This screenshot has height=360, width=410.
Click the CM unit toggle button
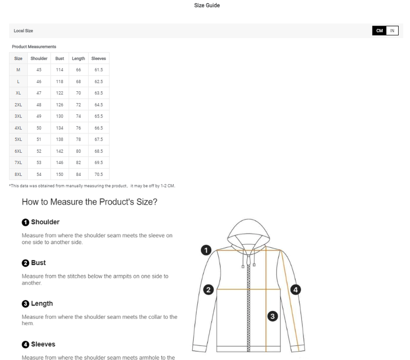tap(379, 31)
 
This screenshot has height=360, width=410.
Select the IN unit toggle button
tap(392, 31)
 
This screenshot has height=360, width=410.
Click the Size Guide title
tap(207, 5)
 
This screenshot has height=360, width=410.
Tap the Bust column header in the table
tap(59, 58)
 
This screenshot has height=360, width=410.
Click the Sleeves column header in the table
tap(98, 58)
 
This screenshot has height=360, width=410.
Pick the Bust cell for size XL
tap(59, 93)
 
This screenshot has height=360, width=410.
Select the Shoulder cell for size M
tap(39, 70)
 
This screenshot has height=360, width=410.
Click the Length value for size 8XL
tap(78, 174)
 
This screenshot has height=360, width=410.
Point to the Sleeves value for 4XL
tap(98, 128)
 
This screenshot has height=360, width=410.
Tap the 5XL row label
tap(18, 139)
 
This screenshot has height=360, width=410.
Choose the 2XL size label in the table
tap(18, 105)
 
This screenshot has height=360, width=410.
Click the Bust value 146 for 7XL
tap(59, 163)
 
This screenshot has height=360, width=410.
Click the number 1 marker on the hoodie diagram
tap(206, 250)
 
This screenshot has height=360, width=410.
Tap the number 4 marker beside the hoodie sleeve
tap(296, 290)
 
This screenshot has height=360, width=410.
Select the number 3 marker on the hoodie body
tap(273, 316)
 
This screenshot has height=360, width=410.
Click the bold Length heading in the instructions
tap(42, 304)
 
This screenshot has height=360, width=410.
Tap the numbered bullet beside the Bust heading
tap(25, 263)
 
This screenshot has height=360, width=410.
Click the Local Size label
tap(23, 31)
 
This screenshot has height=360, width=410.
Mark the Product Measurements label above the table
tap(34, 47)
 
